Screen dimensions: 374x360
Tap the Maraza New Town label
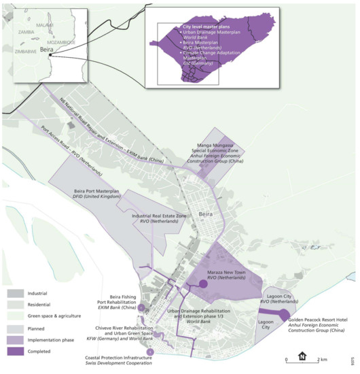tap(230, 273)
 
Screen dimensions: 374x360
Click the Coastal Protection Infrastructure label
tap(120, 360)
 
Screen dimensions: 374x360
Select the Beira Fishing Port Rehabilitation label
tap(113, 303)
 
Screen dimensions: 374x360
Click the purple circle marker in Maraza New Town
tap(202, 286)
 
